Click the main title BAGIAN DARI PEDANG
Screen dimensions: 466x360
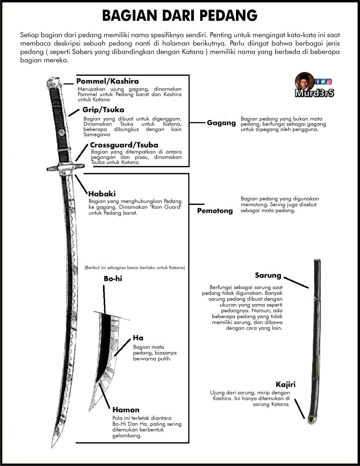(x=180, y=15)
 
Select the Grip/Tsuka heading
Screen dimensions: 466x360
(x=104, y=110)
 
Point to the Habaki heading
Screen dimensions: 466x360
(x=103, y=193)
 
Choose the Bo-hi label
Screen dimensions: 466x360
(x=113, y=279)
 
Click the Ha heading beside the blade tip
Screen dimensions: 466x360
(x=138, y=338)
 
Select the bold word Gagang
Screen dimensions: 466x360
(x=221, y=123)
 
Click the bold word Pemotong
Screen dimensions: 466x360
(x=215, y=211)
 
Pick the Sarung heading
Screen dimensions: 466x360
(x=268, y=275)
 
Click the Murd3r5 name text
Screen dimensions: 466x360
(x=314, y=93)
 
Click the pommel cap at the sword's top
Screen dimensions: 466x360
(x=53, y=81)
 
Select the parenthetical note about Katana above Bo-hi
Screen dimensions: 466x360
(x=134, y=267)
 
